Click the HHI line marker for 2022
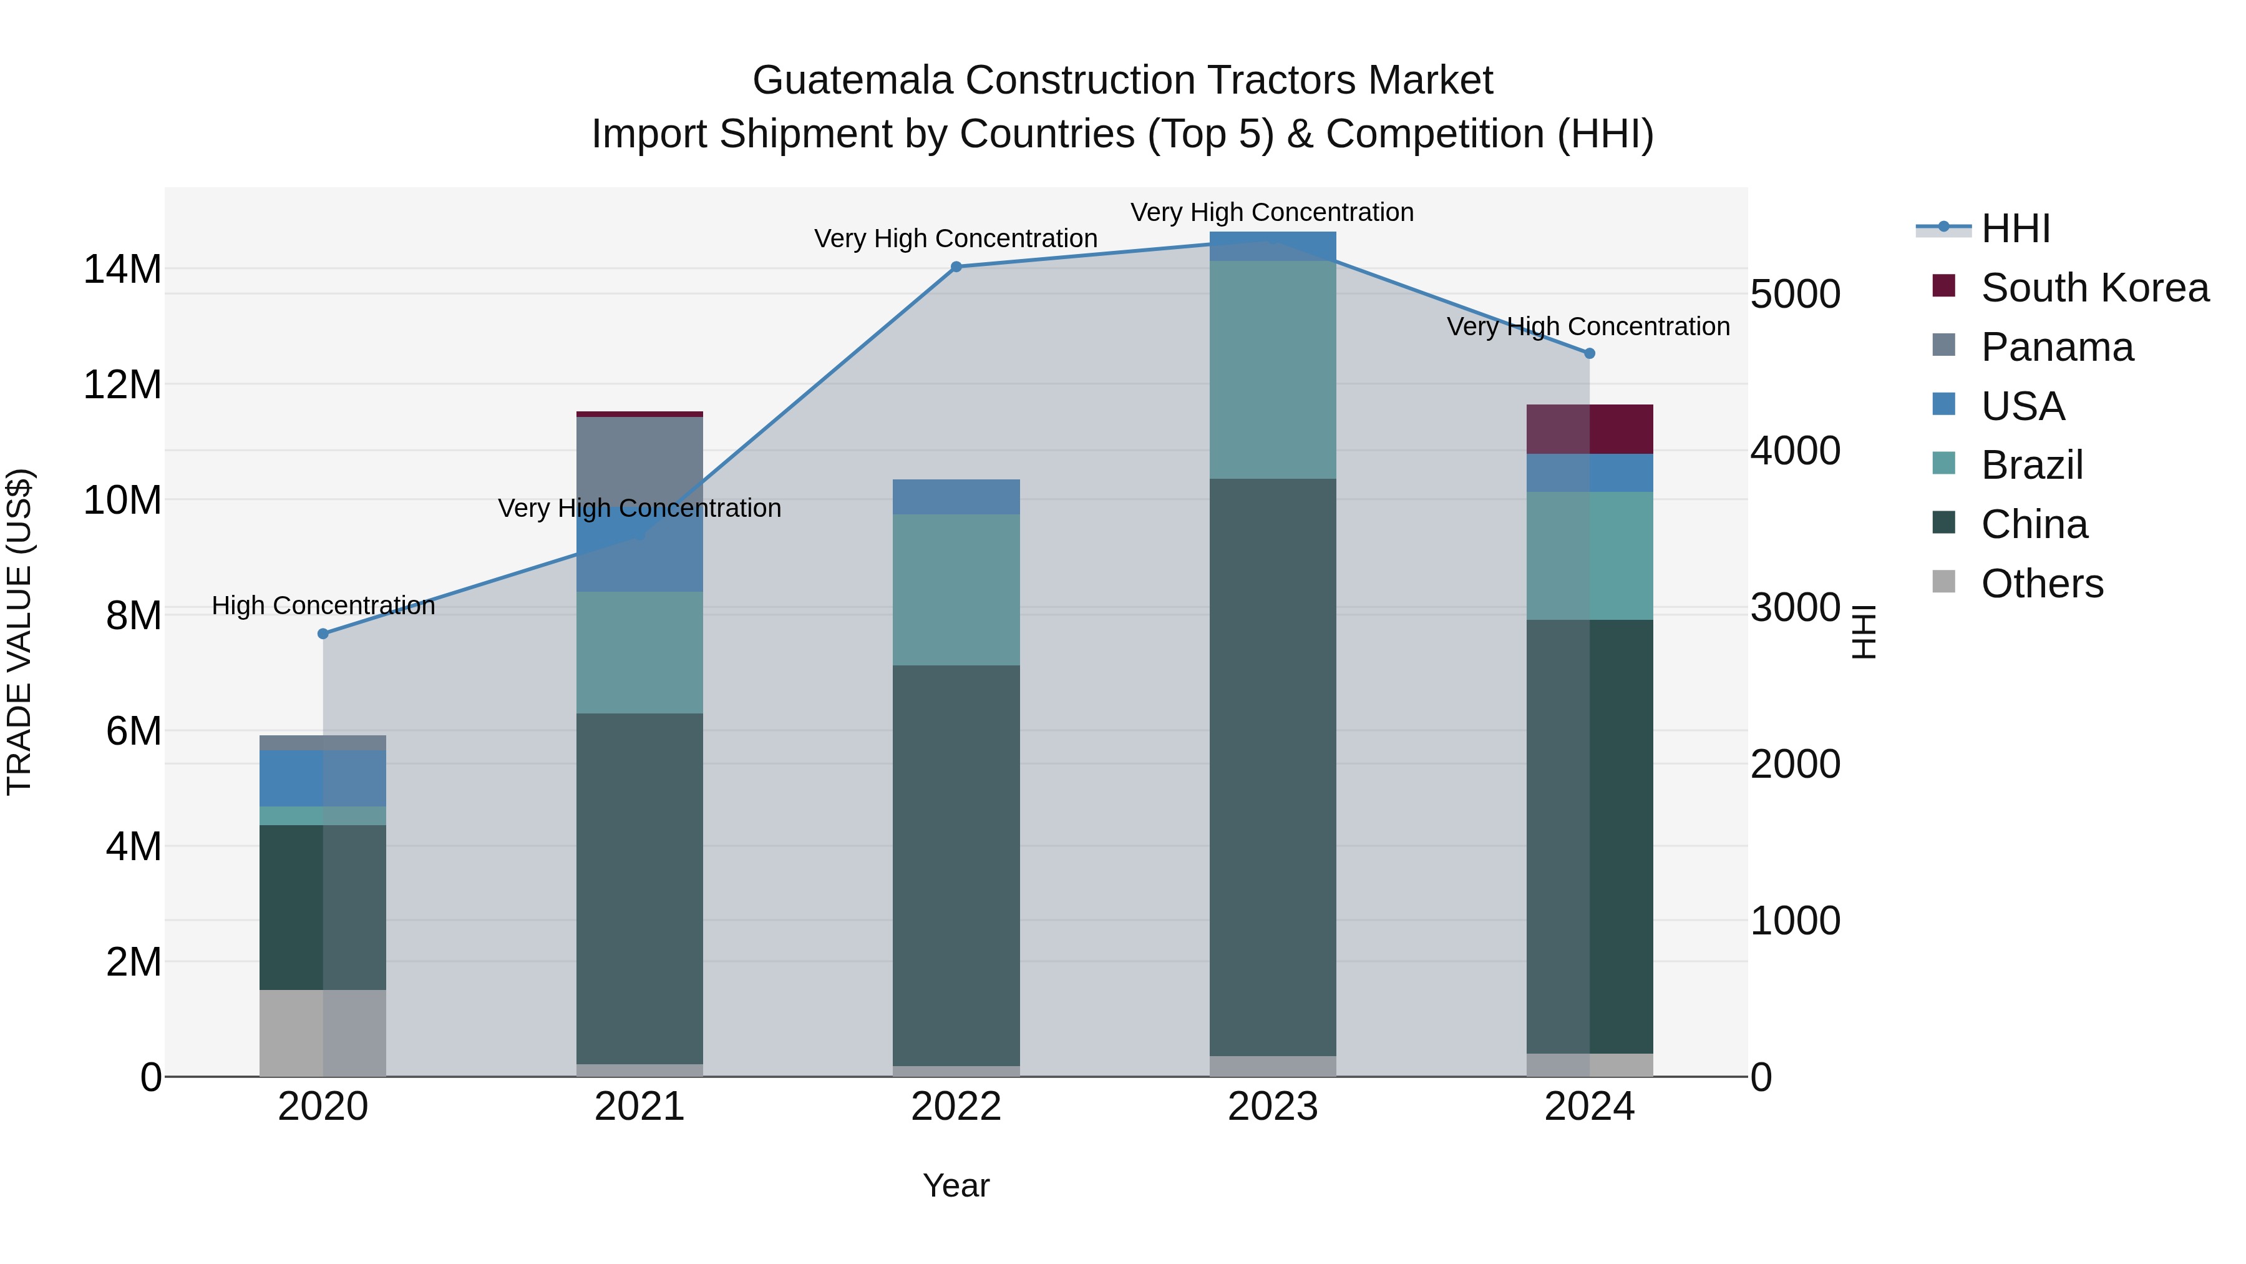[956, 267]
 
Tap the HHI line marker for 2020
[323, 634]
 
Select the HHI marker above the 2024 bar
[1588, 353]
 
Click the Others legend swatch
[1943, 582]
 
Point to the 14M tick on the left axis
[122, 268]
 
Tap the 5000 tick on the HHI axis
[1795, 294]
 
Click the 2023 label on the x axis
[1272, 1107]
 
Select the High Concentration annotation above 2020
[323, 605]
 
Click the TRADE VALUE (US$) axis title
[19, 632]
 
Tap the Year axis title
[956, 1185]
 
